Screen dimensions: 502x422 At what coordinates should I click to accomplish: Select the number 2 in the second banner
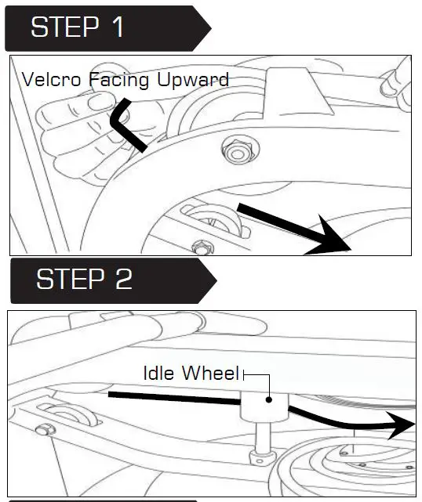click(x=123, y=280)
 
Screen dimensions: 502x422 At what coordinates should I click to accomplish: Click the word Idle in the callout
click(x=160, y=374)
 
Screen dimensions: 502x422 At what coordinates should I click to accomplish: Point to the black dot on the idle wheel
click(x=269, y=399)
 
